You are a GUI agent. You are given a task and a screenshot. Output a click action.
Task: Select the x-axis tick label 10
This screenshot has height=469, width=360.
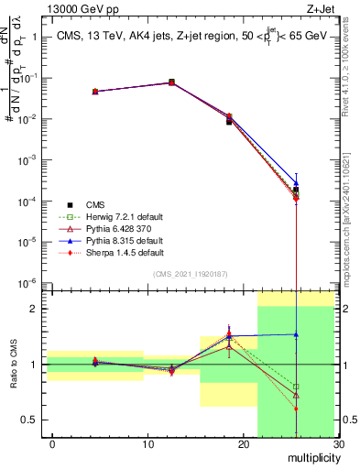(x=147, y=444)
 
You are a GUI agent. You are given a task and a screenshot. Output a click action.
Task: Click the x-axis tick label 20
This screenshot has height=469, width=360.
(x=243, y=444)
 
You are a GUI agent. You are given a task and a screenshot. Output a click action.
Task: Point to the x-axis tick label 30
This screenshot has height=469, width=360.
(x=337, y=444)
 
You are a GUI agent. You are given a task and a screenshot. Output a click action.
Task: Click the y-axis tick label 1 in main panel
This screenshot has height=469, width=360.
(x=37, y=38)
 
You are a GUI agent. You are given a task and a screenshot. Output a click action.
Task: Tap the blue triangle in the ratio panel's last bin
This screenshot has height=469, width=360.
(x=296, y=334)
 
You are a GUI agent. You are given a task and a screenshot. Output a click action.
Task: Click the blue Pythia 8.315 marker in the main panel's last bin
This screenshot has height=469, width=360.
(x=296, y=183)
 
